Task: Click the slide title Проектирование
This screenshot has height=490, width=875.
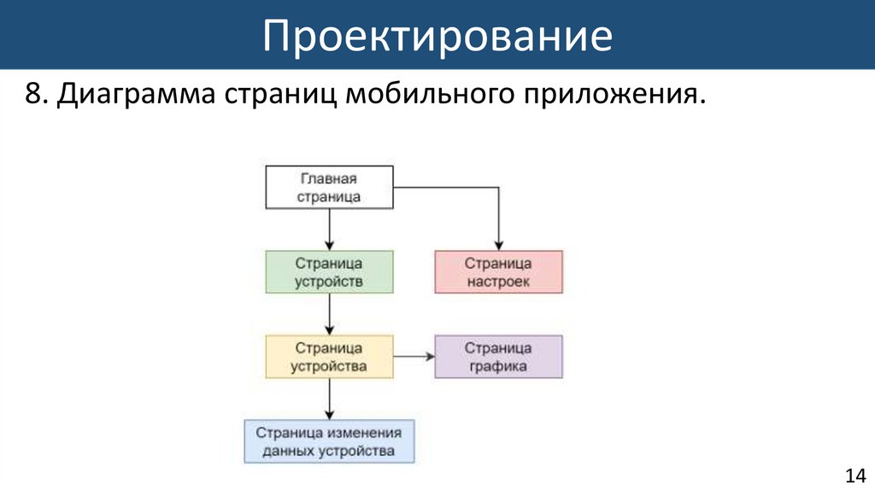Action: point(437,36)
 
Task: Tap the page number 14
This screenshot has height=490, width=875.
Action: point(854,475)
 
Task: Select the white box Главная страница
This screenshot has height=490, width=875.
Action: point(329,188)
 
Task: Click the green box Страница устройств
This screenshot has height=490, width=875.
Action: point(329,272)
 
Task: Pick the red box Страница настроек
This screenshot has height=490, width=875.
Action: point(499,272)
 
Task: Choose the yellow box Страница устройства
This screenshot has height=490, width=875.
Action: point(329,357)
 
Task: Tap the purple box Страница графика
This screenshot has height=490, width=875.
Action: point(499,357)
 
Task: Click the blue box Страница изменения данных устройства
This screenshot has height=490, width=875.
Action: point(329,441)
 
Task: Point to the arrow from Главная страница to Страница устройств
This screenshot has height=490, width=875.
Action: point(329,230)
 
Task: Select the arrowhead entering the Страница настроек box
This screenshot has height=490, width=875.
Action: point(499,245)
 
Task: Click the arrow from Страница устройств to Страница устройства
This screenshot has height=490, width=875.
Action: point(329,314)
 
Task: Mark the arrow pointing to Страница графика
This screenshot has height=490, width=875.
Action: point(414,357)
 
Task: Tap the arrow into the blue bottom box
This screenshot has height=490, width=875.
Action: point(329,399)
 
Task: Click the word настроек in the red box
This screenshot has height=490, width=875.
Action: point(499,281)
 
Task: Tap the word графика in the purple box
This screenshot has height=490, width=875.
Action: point(499,366)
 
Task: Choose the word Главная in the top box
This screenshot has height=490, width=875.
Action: point(329,179)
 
